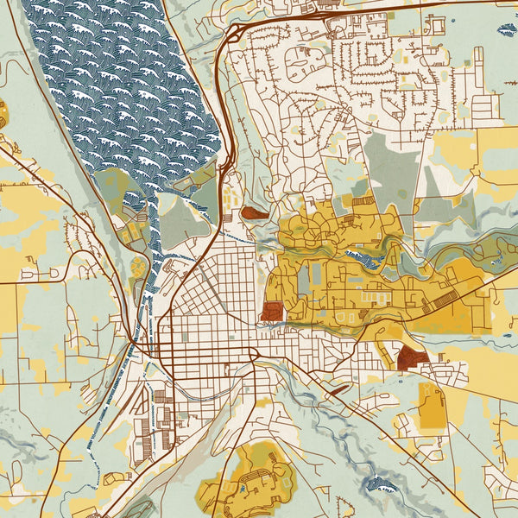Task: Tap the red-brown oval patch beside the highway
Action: click(254, 212)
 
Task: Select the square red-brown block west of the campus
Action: click(271, 311)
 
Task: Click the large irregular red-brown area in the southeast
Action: click(412, 356)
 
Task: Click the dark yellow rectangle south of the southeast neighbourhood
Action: click(431, 406)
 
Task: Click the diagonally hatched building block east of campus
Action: click(445, 299)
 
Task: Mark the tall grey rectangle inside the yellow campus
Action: click(316, 277)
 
